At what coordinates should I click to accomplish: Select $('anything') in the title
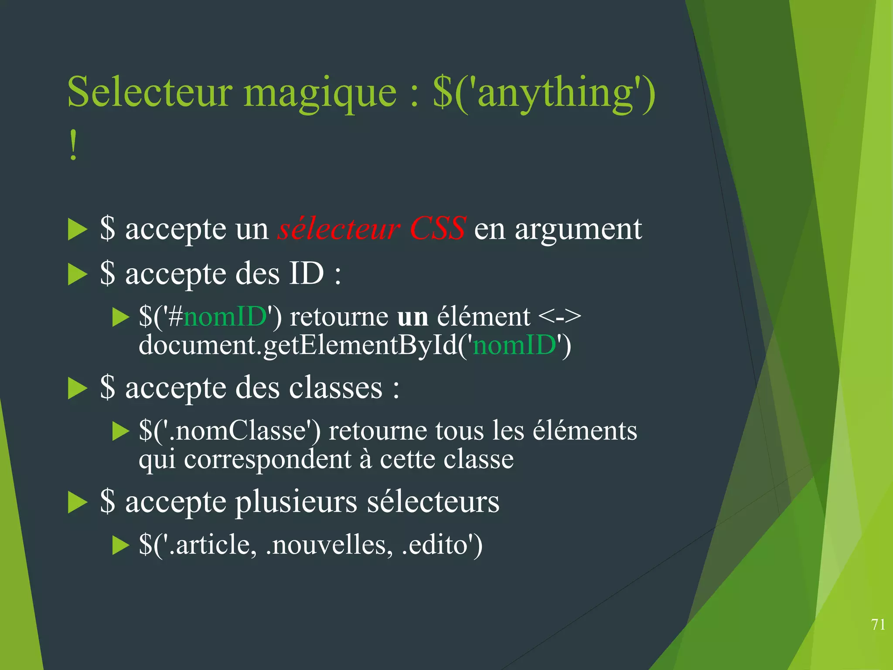[x=544, y=92]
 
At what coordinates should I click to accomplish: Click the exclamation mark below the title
[x=73, y=146]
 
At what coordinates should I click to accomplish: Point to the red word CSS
[x=437, y=228]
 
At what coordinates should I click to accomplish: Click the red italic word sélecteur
[x=339, y=228]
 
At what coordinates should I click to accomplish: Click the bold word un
[x=412, y=317]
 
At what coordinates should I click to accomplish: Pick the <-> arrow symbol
[x=559, y=316]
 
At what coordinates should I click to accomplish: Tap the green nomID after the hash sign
[x=225, y=316]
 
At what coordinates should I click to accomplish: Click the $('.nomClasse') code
[x=229, y=431]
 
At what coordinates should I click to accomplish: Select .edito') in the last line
[x=442, y=545]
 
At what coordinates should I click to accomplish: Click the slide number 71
[x=878, y=625]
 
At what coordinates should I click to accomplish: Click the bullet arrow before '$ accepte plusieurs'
[x=78, y=503]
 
